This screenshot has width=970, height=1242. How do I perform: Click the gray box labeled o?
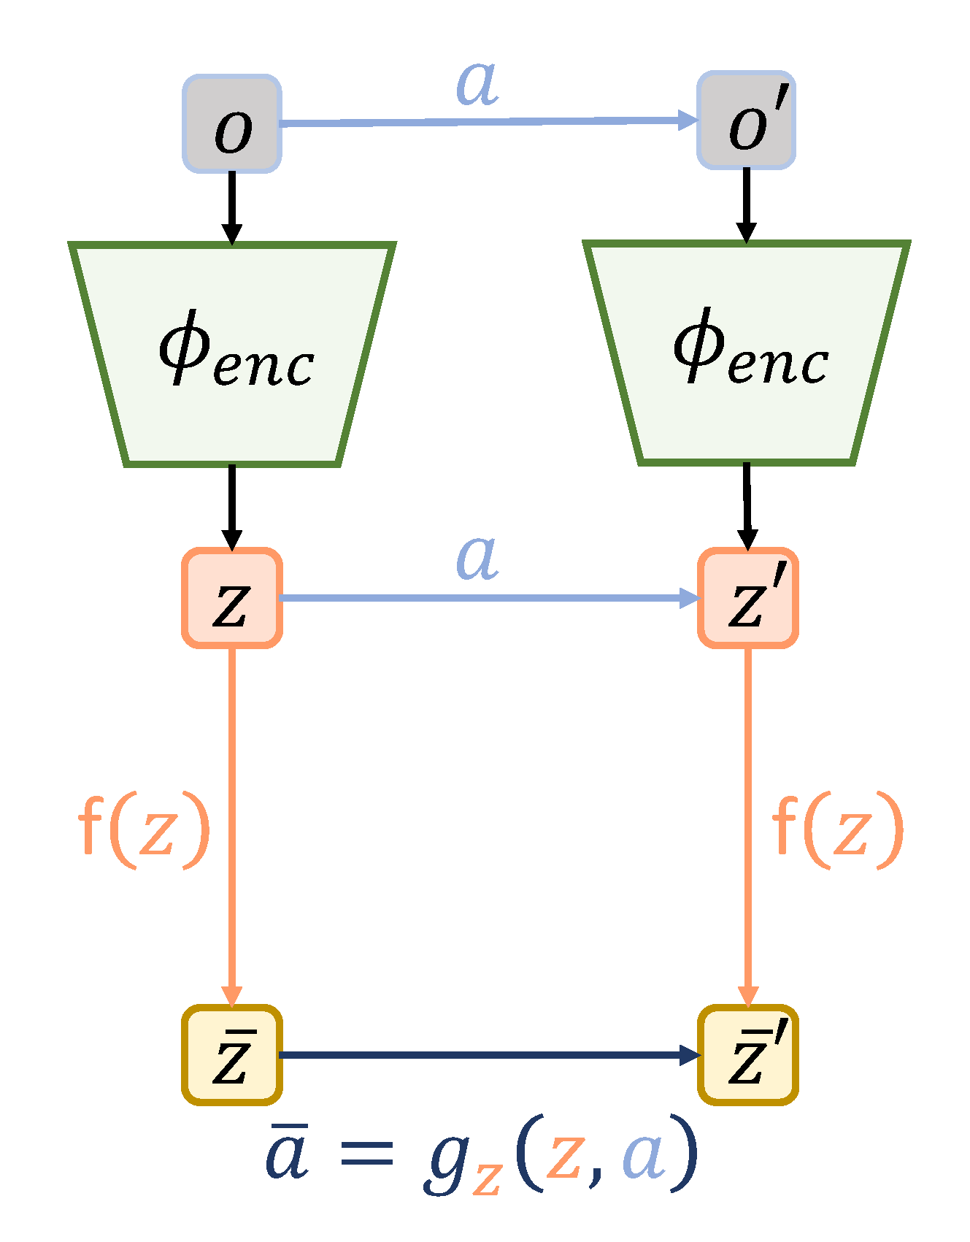pos(232,124)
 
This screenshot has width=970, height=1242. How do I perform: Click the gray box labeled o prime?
pos(746,120)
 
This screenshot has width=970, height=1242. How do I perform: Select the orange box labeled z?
pos(232,598)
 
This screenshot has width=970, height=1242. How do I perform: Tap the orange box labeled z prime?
pos(748,598)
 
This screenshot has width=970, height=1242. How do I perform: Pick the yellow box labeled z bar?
pos(232,1055)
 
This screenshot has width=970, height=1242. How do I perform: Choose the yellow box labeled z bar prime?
pos(748,1055)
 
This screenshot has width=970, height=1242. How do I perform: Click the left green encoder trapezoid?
pos(232,354)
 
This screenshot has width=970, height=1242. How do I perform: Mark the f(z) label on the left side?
pos(144,830)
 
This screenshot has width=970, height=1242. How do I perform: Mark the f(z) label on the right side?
pos(838,830)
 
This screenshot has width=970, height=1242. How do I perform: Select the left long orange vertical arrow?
pos(232,825)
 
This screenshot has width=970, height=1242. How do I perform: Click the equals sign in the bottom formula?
pos(367,1156)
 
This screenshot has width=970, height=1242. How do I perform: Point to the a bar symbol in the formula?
pos(287,1154)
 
